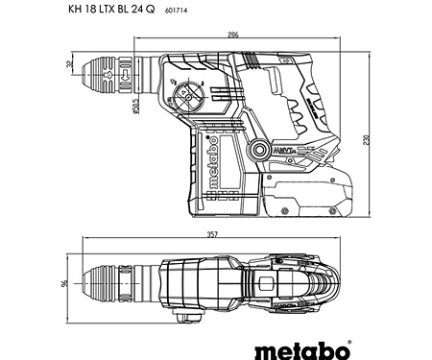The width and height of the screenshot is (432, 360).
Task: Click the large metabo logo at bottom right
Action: tap(348, 339)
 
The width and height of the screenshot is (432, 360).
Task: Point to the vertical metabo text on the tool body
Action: tap(217, 159)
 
